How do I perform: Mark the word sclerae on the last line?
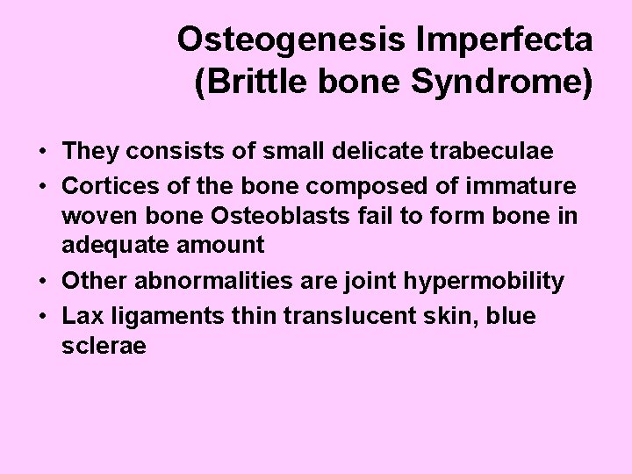click(x=104, y=346)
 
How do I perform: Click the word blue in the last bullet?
click(x=508, y=316)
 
